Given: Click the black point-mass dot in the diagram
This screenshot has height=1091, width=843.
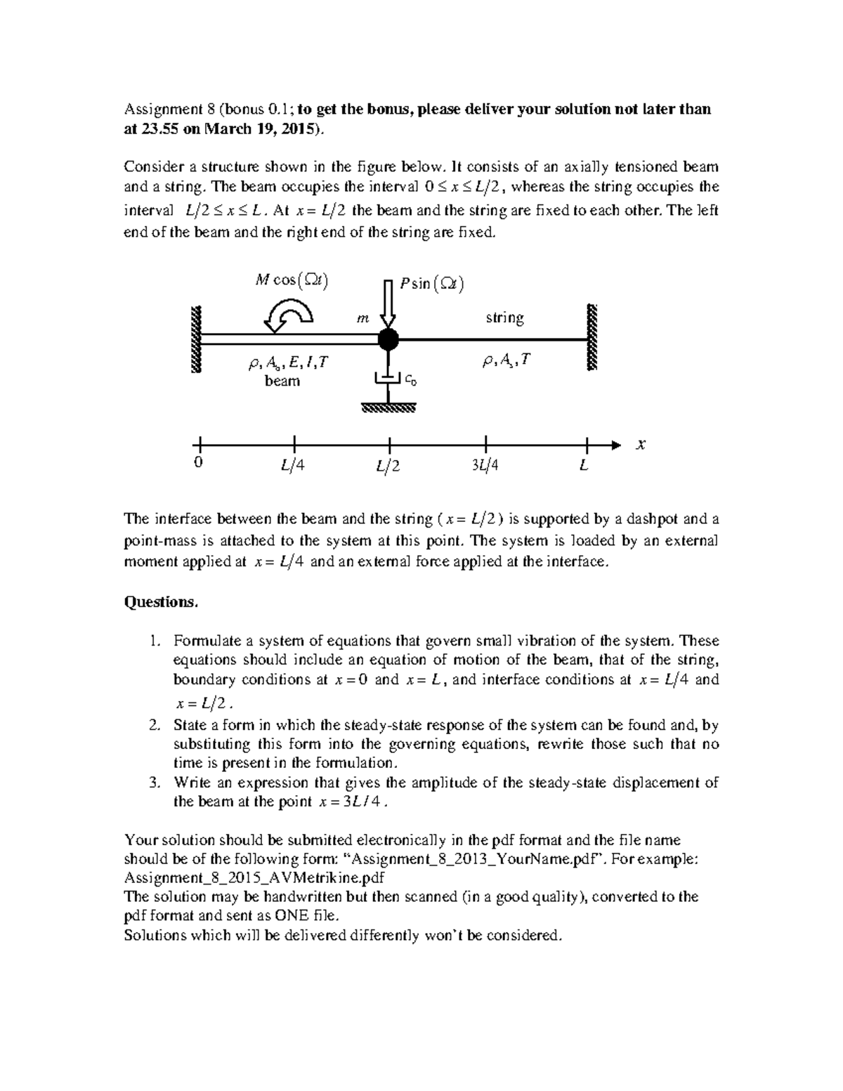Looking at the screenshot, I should click(x=388, y=340).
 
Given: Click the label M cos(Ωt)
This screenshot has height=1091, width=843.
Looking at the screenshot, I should click(x=292, y=280).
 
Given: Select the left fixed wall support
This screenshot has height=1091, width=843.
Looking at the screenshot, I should click(x=196, y=340).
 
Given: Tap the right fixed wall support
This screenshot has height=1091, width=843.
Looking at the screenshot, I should click(x=592, y=338).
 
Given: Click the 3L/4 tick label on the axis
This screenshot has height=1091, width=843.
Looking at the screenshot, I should click(x=485, y=466).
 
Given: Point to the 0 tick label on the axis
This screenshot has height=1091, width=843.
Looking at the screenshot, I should click(x=198, y=464).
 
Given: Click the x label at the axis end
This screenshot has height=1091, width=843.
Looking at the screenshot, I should click(x=640, y=445).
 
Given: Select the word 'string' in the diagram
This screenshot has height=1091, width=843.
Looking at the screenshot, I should click(x=504, y=318).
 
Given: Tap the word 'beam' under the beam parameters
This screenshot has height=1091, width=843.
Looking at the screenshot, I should click(x=282, y=381).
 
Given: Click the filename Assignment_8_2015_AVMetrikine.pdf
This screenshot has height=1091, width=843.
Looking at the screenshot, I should click(x=254, y=877).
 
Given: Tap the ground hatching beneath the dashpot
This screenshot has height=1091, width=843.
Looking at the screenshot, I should click(x=388, y=407).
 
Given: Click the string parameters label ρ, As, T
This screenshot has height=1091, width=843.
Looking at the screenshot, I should click(x=506, y=361).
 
